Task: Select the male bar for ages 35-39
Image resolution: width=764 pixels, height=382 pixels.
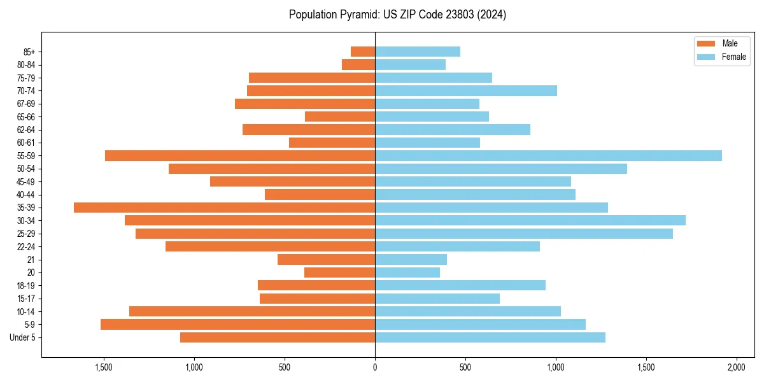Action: pyautogui.click(x=224, y=208)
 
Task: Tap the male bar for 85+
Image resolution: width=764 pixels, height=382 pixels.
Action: pyautogui.click(x=363, y=52)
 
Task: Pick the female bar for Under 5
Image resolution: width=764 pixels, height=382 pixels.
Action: pyautogui.click(x=490, y=337)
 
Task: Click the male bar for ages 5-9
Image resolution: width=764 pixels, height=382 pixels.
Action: pyautogui.click(x=237, y=325)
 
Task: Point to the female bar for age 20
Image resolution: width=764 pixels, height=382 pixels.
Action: pyautogui.click(x=407, y=272)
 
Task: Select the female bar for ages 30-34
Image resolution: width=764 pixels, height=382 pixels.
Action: pyautogui.click(x=530, y=220)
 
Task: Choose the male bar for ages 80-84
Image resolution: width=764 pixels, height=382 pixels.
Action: pyautogui.click(x=358, y=64)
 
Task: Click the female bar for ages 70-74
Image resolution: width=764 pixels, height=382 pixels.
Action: pyautogui.click(x=466, y=90)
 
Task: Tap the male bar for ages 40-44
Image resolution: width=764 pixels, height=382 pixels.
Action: pyautogui.click(x=320, y=194)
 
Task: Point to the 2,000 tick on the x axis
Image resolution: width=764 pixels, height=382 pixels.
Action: pyautogui.click(x=737, y=368)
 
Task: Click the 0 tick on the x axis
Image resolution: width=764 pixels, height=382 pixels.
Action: pyautogui.click(x=375, y=368)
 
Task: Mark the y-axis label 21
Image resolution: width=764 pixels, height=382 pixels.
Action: pyautogui.click(x=31, y=260)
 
